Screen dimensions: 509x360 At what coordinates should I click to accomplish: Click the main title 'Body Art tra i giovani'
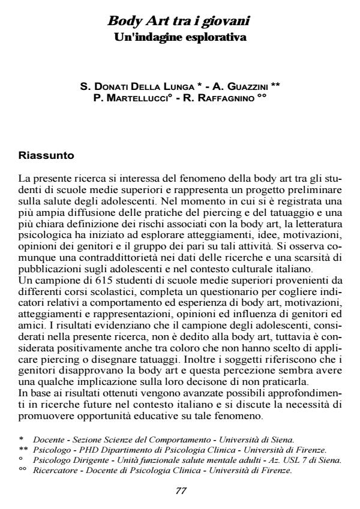178,22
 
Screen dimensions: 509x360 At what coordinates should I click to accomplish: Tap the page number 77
181,490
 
